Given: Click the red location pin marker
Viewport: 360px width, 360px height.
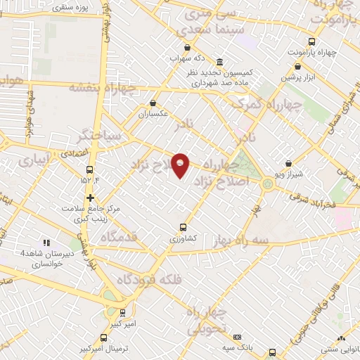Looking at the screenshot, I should pyautogui.click(x=181, y=166).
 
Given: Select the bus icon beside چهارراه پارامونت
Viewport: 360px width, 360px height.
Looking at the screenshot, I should pyautogui.click(x=314, y=41).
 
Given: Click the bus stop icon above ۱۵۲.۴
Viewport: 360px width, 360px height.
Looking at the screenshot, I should pyautogui.click(x=89, y=169).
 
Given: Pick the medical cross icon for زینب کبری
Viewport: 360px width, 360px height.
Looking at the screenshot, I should pyautogui.click(x=89, y=198).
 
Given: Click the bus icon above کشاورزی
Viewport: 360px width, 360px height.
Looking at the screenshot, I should pyautogui.click(x=183, y=227).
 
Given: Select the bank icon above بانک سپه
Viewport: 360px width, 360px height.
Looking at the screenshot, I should pyautogui.click(x=237, y=337).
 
